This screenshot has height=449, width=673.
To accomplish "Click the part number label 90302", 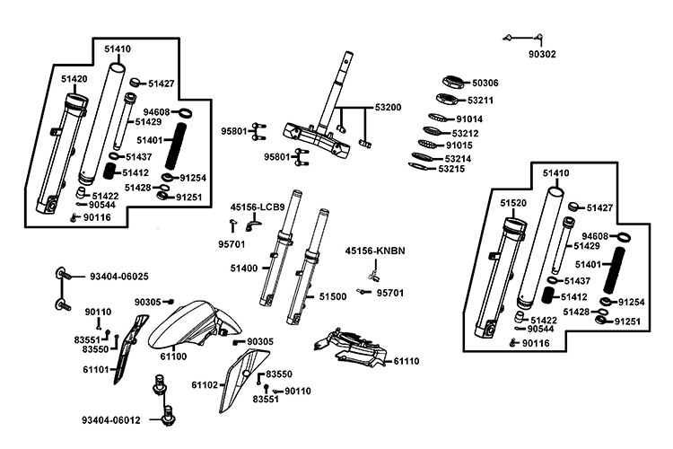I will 542,54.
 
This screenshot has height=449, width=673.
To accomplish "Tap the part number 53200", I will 388,107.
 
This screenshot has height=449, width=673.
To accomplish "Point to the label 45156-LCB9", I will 258,207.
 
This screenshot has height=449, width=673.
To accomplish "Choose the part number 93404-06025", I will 119,276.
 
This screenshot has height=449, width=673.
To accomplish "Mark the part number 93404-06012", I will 112,419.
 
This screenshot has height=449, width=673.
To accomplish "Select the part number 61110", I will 406,361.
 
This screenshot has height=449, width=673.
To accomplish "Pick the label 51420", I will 74,79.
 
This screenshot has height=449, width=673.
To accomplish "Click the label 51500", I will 333,295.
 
